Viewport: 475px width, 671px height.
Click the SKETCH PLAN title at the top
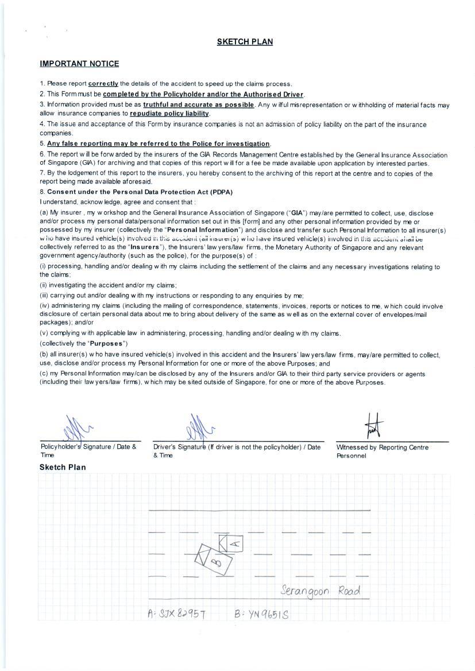click(245, 42)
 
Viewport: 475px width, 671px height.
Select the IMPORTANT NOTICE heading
click(79, 64)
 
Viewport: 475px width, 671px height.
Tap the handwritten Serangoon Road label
click(320, 591)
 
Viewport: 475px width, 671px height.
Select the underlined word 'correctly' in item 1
click(103, 84)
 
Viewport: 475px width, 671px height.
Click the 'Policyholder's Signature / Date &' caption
click(88, 447)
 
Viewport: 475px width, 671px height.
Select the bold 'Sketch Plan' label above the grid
click(63, 467)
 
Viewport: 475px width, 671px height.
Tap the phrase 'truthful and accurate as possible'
click(198, 104)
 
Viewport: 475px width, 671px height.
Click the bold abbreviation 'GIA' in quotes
click(298, 212)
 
